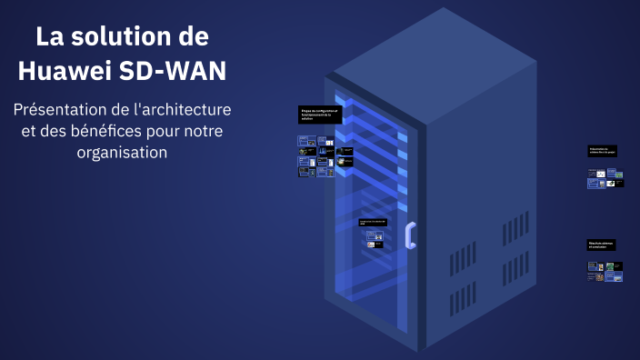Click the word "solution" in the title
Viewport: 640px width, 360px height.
(x=136, y=37)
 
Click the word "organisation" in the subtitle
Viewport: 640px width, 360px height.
(x=123, y=153)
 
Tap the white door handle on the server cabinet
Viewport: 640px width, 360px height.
(x=411, y=235)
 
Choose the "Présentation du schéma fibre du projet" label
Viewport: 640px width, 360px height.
(x=605, y=151)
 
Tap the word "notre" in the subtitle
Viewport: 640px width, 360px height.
(x=203, y=132)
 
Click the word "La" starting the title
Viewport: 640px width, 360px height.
(x=50, y=37)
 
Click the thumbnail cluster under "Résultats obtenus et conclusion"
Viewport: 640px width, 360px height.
(x=605, y=271)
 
